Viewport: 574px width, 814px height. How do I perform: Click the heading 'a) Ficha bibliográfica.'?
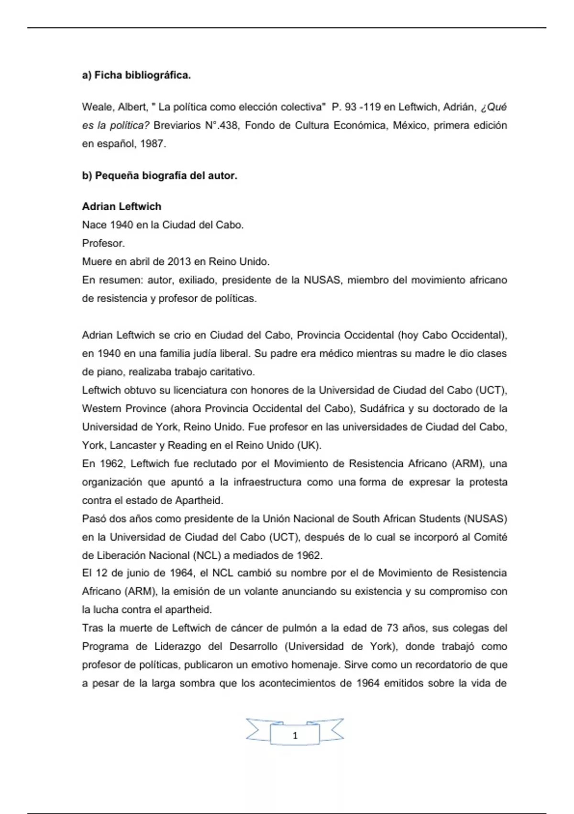click(x=136, y=75)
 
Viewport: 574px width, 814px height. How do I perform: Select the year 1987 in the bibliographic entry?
click(x=152, y=144)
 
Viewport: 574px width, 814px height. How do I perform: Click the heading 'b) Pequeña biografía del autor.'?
click(x=159, y=176)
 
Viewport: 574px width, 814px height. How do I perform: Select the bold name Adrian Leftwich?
click(x=121, y=206)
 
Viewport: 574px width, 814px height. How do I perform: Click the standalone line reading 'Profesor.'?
click(x=103, y=243)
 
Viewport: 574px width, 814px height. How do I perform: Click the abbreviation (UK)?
click(x=309, y=445)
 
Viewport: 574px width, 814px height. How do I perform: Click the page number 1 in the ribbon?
click(x=295, y=735)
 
